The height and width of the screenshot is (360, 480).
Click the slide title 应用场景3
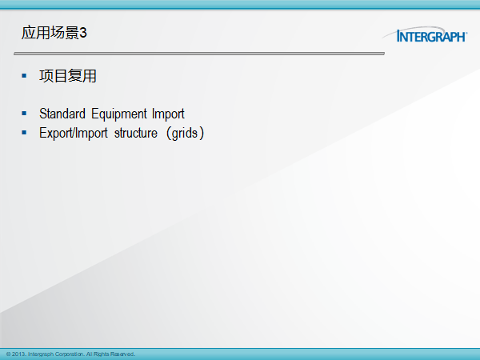(54, 33)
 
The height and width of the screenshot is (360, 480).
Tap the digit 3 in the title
(83, 33)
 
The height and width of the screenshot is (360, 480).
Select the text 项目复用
(68, 76)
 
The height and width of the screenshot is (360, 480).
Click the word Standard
(62, 114)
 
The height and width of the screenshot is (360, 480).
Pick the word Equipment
(119, 114)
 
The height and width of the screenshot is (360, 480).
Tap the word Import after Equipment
(168, 114)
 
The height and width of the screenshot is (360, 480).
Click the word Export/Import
(73, 134)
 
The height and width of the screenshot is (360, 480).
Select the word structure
(136, 134)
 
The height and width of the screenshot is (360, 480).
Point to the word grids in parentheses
(185, 134)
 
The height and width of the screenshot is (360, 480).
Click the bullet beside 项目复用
(24, 76)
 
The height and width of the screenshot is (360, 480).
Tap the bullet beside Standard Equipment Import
(24, 114)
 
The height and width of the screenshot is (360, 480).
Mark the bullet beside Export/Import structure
(24, 133)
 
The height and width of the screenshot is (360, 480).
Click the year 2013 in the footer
(19, 354)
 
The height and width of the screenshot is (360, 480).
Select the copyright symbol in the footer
(8, 354)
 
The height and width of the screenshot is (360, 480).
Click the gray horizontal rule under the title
(199, 54)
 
